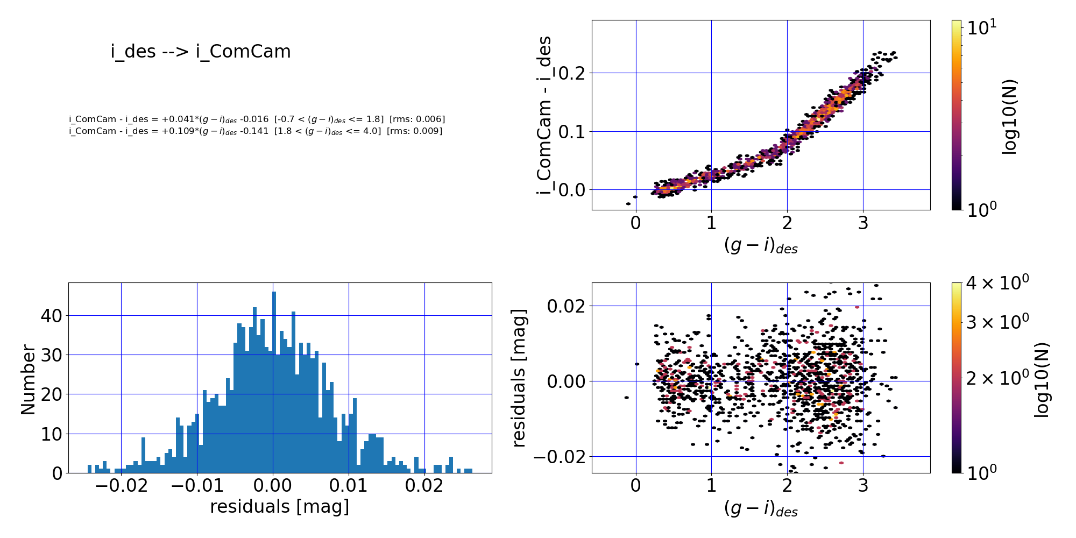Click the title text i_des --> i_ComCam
pos(201,52)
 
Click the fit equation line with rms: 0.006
pos(257,119)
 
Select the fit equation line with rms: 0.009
pos(256,131)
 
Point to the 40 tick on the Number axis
pos(52,316)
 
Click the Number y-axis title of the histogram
pos(28,380)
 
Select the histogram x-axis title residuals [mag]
pos(279,507)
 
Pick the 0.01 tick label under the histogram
pos(349,486)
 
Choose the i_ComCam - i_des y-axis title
pos(544,115)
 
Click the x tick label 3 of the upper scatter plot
pos(863,223)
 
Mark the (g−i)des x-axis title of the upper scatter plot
pos(761,246)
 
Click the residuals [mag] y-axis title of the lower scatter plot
pos(519,378)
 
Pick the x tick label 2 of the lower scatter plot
pos(787,486)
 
